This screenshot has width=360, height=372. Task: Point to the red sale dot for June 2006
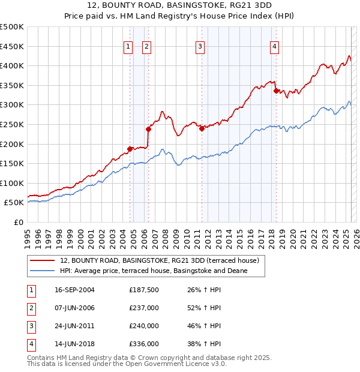click(148, 129)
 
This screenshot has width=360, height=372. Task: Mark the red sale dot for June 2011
click(201, 128)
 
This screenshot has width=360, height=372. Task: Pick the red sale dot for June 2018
click(275, 91)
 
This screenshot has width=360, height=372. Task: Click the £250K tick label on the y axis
click(13, 124)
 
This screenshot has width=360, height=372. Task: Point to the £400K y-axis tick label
click(13, 65)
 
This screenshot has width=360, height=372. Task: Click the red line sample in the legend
click(43, 261)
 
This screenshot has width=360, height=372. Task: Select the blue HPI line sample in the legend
click(43, 271)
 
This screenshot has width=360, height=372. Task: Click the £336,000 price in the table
click(144, 344)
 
